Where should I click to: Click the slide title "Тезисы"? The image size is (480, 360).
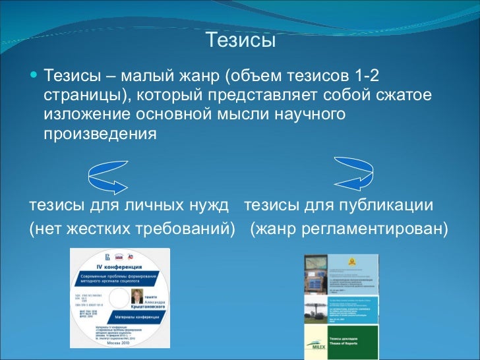click(x=240, y=41)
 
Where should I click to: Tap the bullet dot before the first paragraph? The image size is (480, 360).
click(x=34, y=73)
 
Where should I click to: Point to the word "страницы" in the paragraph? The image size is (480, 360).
click(x=80, y=95)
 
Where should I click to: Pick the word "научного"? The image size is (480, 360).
click(x=311, y=114)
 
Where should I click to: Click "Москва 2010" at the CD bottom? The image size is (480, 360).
click(x=120, y=343)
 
